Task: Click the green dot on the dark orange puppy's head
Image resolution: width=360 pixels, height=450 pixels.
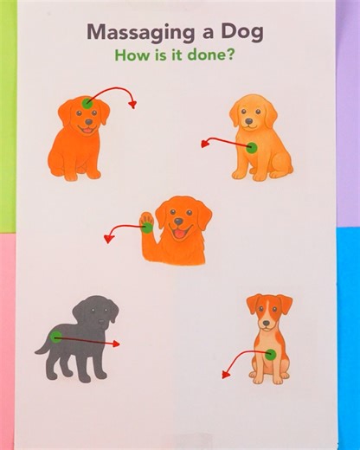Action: pyautogui.click(x=87, y=103)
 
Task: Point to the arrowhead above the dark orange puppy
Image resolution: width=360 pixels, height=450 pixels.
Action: pyautogui.click(x=132, y=105)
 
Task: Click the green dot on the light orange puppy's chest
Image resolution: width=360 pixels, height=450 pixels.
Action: pyautogui.click(x=252, y=148)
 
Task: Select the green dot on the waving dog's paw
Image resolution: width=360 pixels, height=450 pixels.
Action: pyautogui.click(x=147, y=228)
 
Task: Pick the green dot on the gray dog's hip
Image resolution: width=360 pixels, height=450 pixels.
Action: pyautogui.click(x=56, y=337)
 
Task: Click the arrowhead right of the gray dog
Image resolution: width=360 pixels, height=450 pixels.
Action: pyautogui.click(x=116, y=344)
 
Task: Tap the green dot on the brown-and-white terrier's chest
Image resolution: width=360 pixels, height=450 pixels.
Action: pyautogui.click(x=271, y=354)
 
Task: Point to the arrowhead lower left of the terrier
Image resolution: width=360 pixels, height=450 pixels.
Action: pyautogui.click(x=226, y=375)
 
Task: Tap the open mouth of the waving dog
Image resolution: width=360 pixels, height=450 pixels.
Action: pyautogui.click(x=179, y=232)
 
